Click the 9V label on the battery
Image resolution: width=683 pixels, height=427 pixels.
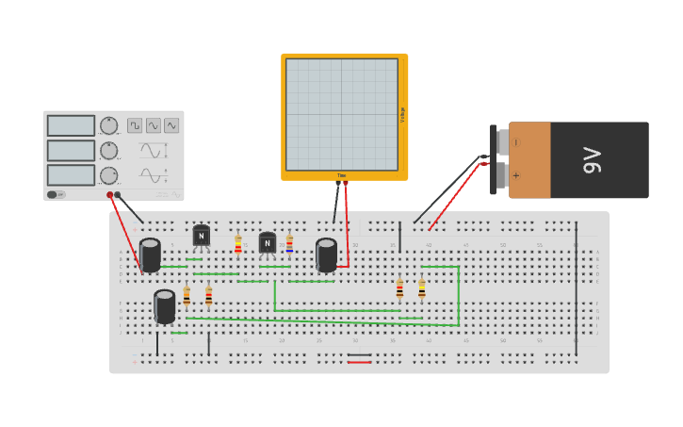tap(592, 160)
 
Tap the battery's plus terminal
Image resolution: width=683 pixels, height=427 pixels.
tap(502, 174)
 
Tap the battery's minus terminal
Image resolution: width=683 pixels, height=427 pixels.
tap(502, 142)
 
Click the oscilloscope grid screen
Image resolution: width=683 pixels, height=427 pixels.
tap(342, 114)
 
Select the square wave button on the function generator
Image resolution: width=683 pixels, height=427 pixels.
tap(135, 125)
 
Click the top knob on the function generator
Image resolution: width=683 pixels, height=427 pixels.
tap(109, 125)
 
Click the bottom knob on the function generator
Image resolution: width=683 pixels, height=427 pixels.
tap(109, 175)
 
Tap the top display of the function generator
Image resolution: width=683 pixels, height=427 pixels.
tap(71, 125)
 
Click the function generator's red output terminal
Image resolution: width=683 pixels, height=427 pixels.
tap(110, 195)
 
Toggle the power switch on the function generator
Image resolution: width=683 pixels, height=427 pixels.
tap(57, 194)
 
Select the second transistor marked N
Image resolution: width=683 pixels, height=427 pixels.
tap(268, 243)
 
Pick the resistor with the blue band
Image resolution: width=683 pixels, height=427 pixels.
tap(289, 243)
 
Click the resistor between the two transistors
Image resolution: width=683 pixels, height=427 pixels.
tap(237, 244)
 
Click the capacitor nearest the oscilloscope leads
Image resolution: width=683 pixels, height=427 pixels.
tap(326, 255)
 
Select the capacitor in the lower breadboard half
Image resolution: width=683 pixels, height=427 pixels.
tap(165, 306)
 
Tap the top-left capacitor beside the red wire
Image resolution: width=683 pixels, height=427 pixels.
tap(150, 255)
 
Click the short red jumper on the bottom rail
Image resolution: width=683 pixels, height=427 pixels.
tap(359, 362)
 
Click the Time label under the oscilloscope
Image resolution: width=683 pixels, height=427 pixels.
tap(342, 176)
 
